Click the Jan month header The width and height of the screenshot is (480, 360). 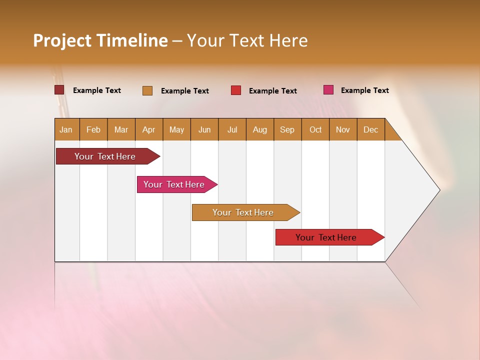pos(66,129)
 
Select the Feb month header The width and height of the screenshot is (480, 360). pos(93,129)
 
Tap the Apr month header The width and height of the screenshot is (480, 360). pos(148,129)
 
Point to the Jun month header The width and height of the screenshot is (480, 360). pos(204,129)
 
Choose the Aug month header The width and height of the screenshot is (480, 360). pos(259,129)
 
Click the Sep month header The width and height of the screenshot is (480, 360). pos(287,129)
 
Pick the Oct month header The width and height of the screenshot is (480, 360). pos(315,129)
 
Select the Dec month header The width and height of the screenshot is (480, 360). pos(370,129)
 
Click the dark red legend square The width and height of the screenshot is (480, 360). pos(59,90)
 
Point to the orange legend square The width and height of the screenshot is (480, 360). pos(147,90)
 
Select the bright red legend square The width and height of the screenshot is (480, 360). pos(236,90)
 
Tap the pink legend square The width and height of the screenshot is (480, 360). pos(328,90)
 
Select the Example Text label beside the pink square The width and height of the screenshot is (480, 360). pos(364,90)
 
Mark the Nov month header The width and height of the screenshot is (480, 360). pos(342,129)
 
